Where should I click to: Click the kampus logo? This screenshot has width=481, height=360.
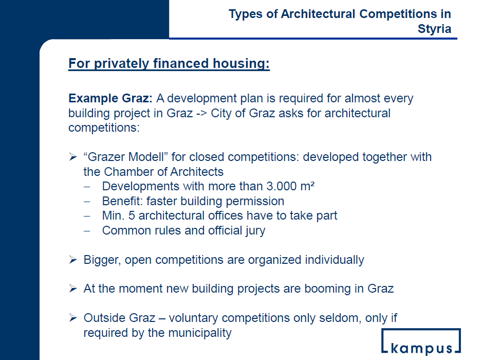click(x=421, y=341)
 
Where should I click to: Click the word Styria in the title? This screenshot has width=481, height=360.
click(x=434, y=29)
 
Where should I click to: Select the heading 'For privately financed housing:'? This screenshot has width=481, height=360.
click(x=169, y=64)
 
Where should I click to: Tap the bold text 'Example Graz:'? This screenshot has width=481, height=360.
click(x=110, y=99)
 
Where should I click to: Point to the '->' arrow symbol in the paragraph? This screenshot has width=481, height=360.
click(x=201, y=113)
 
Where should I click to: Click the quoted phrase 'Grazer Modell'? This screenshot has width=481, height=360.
click(x=125, y=157)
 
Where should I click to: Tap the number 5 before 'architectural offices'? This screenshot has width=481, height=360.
click(x=132, y=215)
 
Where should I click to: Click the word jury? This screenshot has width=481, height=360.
click(x=255, y=231)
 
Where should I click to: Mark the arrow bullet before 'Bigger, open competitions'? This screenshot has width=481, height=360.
click(x=73, y=260)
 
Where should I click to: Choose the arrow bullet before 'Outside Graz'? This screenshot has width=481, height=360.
click(x=73, y=318)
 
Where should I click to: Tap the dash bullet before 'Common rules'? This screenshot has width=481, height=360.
click(x=87, y=230)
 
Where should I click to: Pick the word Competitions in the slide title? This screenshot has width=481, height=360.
click(x=398, y=14)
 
